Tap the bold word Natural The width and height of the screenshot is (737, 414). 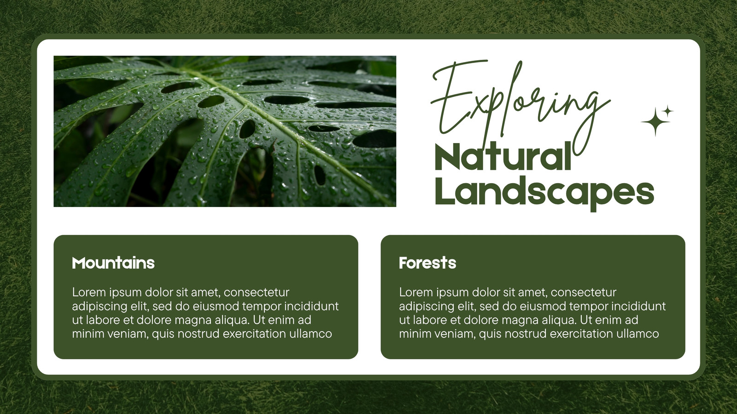[503, 156]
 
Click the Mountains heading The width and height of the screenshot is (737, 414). [113, 263]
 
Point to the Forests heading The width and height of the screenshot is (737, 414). [427, 263]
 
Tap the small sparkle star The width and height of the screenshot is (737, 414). [667, 111]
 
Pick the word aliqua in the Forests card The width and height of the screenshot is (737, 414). [559, 320]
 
